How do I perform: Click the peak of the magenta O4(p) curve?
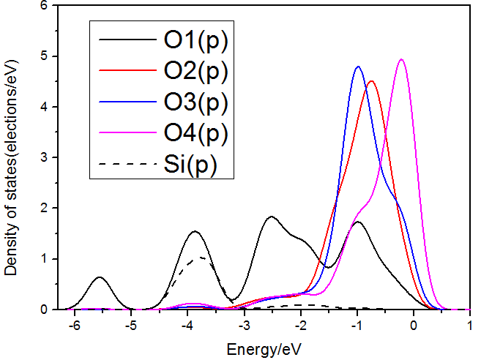point(401,60)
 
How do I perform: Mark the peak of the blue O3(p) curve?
point(358,67)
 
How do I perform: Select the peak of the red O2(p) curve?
point(372,81)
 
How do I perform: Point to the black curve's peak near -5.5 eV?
point(100,277)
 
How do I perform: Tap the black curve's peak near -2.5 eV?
point(272,217)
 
